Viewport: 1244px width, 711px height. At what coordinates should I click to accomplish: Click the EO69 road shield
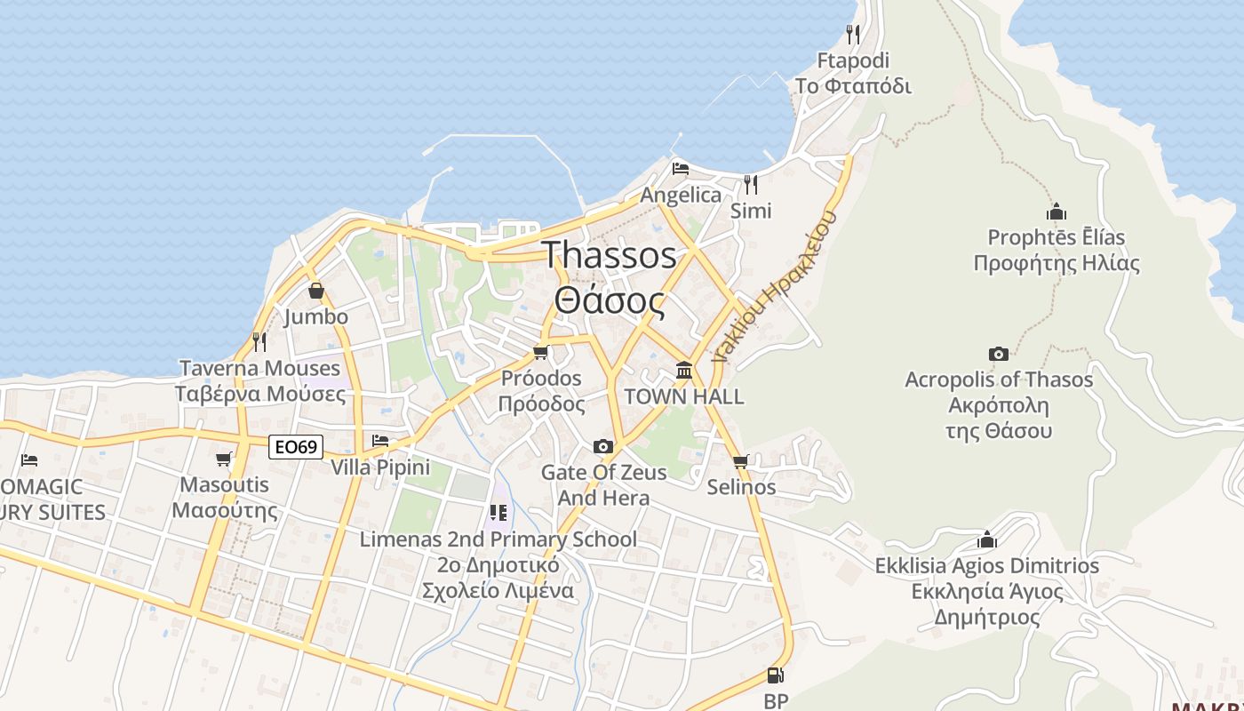296,447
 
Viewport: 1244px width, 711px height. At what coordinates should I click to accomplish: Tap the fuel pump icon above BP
775,676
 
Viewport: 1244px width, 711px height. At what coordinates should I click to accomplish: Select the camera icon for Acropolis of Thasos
999,355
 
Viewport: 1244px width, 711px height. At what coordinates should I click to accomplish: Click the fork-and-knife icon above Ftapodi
853,35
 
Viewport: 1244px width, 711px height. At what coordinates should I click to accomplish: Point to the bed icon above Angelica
681,169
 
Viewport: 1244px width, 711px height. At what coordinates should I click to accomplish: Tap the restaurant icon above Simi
751,184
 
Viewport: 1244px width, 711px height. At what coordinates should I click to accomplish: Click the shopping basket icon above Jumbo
315,291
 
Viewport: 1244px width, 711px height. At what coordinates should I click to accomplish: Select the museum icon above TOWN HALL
683,370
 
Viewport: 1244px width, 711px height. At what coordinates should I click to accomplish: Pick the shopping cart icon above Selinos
741,461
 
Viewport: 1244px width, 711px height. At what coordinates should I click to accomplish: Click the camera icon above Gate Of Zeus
603,446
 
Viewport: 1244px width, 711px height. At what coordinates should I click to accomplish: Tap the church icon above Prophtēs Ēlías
1056,212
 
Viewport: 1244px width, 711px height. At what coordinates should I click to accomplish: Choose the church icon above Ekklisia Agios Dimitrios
986,539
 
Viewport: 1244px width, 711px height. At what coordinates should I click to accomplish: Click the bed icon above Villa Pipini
380,441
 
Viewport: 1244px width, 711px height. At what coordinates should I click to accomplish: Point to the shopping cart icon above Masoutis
224,459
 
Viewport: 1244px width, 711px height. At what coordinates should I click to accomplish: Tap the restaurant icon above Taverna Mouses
259,341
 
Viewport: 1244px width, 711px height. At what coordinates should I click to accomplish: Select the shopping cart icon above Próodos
541,352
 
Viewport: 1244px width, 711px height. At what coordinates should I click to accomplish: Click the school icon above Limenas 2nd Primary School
498,513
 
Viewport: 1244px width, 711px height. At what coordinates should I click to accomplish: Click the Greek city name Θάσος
610,300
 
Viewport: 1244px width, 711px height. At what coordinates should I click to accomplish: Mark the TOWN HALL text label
684,396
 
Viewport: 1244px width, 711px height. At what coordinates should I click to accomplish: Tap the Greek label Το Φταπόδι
853,86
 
